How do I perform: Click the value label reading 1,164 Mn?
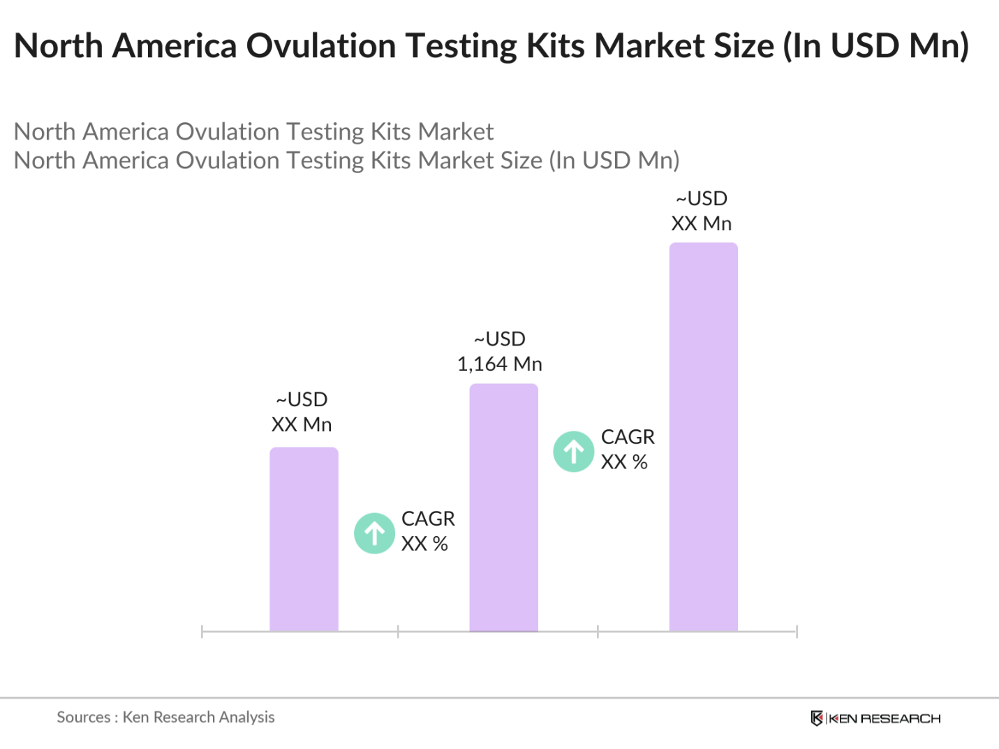500,364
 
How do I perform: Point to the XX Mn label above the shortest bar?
302,424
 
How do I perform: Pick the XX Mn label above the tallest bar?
702,223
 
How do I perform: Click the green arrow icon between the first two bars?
375,533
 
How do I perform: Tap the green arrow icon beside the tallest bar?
574,452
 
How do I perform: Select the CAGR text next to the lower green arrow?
428,519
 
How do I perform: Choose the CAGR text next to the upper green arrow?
628,437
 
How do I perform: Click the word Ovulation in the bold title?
322,46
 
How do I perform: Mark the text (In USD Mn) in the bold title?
876,46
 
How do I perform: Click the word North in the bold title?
59,46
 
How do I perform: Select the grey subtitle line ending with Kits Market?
253,131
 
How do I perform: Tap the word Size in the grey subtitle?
519,161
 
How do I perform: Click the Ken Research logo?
875,718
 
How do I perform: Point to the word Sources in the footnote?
83,717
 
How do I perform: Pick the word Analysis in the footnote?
246,717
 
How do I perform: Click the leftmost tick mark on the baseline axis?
202,632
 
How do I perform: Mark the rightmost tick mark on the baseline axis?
797,632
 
